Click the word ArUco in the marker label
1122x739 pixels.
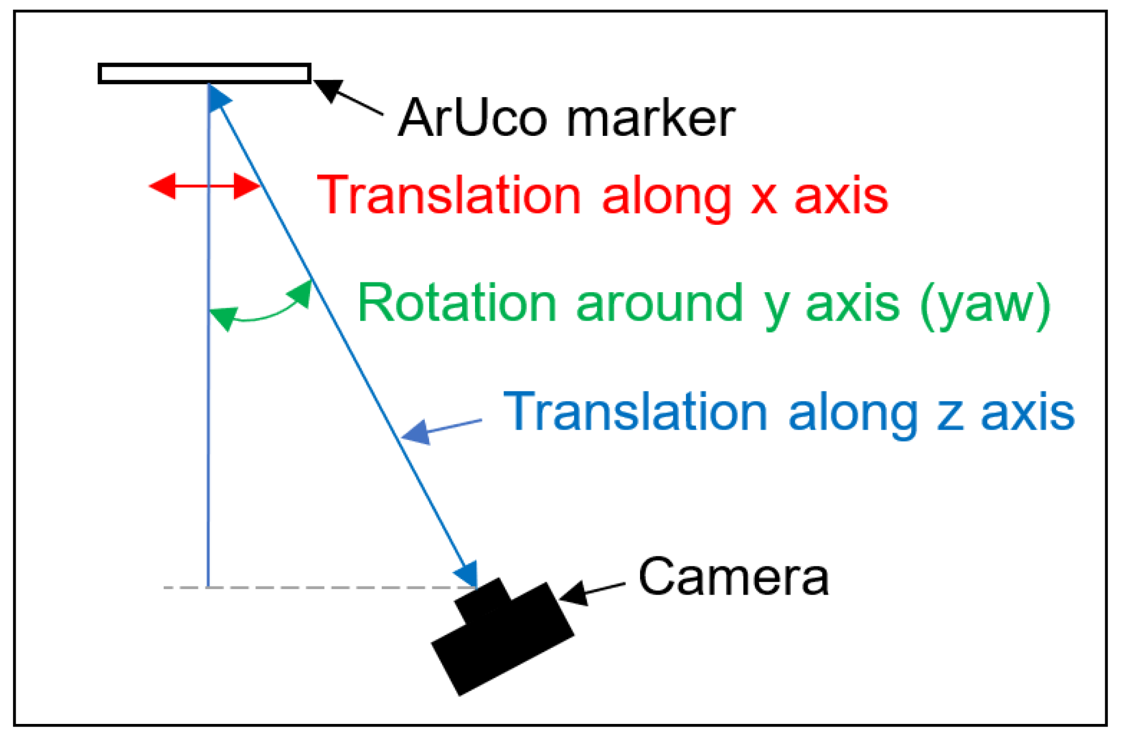(x=472, y=119)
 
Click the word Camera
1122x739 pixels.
(x=733, y=578)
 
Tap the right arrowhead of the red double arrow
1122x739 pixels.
(x=247, y=186)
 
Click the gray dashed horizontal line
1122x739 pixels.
(x=323, y=587)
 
